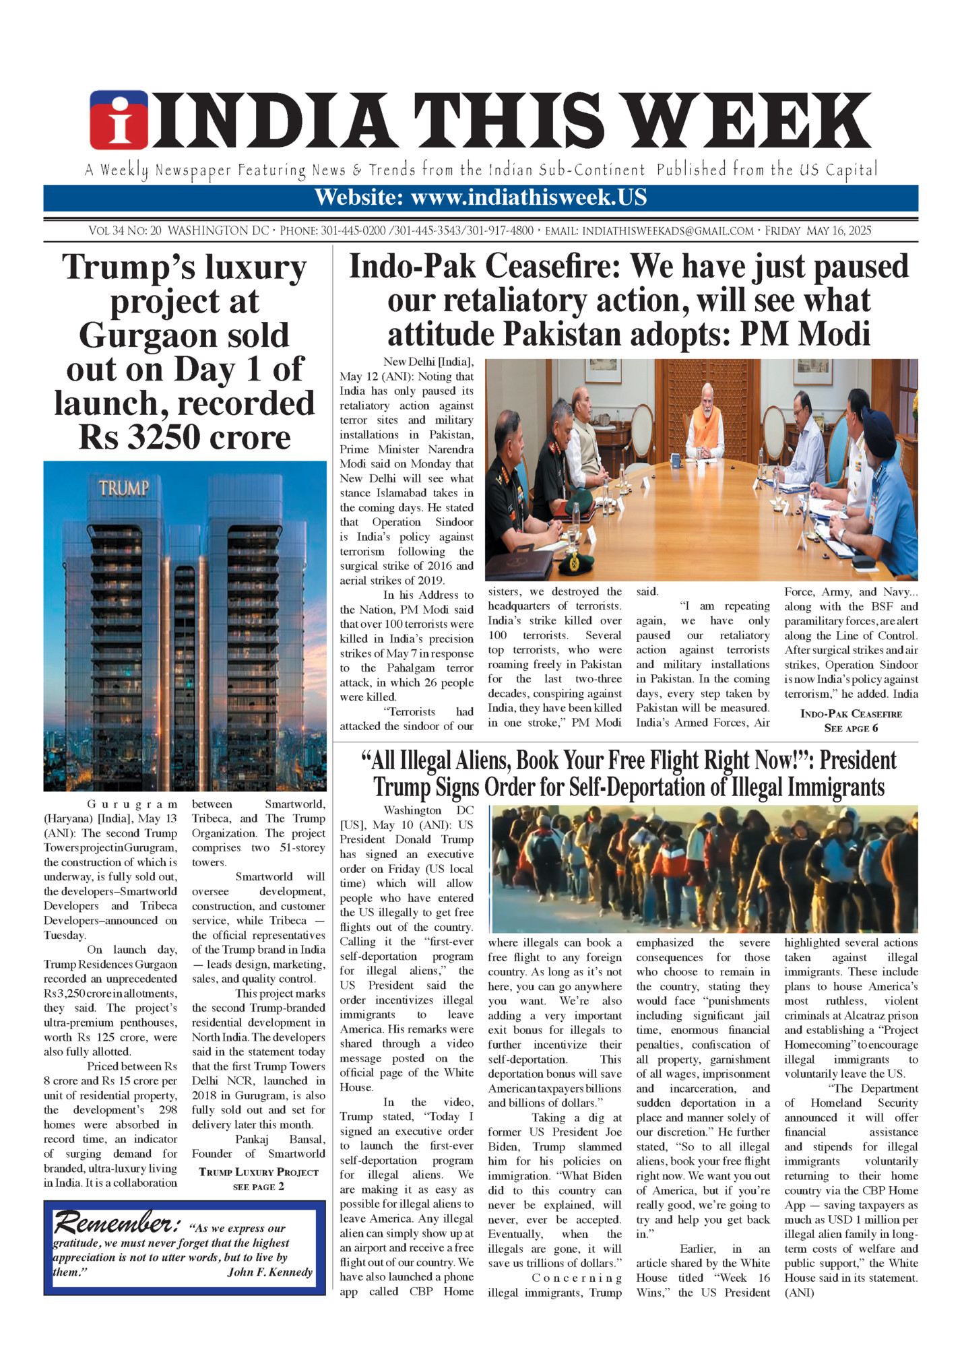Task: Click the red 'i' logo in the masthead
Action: pyautogui.click(x=119, y=120)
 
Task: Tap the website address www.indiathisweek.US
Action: pyautogui.click(x=529, y=197)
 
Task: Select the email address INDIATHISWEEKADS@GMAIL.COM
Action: pyautogui.click(x=668, y=231)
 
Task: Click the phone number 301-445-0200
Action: pyautogui.click(x=352, y=231)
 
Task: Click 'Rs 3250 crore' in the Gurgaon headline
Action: pyautogui.click(x=185, y=438)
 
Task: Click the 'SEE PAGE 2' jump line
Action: pyautogui.click(x=259, y=1186)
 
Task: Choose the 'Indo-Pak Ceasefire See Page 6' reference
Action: pyautogui.click(x=851, y=721)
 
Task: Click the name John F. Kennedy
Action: pyautogui.click(x=269, y=1272)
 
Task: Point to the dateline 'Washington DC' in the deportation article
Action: pyautogui.click(x=428, y=810)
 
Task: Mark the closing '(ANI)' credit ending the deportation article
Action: pyautogui.click(x=799, y=1293)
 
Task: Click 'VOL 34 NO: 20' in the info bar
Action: pyautogui.click(x=125, y=231)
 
